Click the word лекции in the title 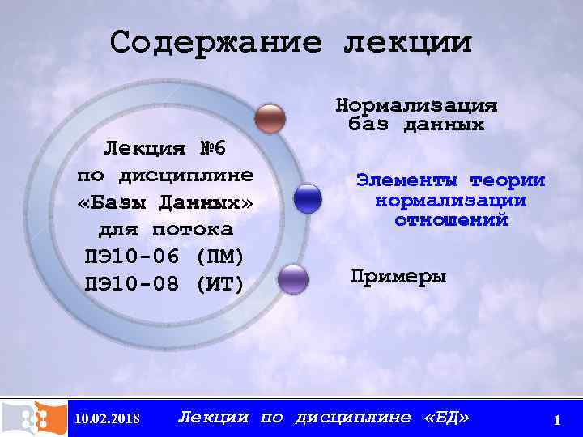[406, 42]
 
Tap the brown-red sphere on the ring [270, 118]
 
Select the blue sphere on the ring [308, 198]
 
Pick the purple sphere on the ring [292, 278]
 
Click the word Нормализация [416, 106]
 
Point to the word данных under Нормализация [446, 125]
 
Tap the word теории [508, 180]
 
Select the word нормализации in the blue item [451, 200]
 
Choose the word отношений [451, 219]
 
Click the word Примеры [398, 276]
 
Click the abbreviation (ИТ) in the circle [220, 284]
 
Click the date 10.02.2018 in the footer [107, 418]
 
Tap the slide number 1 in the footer [557, 419]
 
